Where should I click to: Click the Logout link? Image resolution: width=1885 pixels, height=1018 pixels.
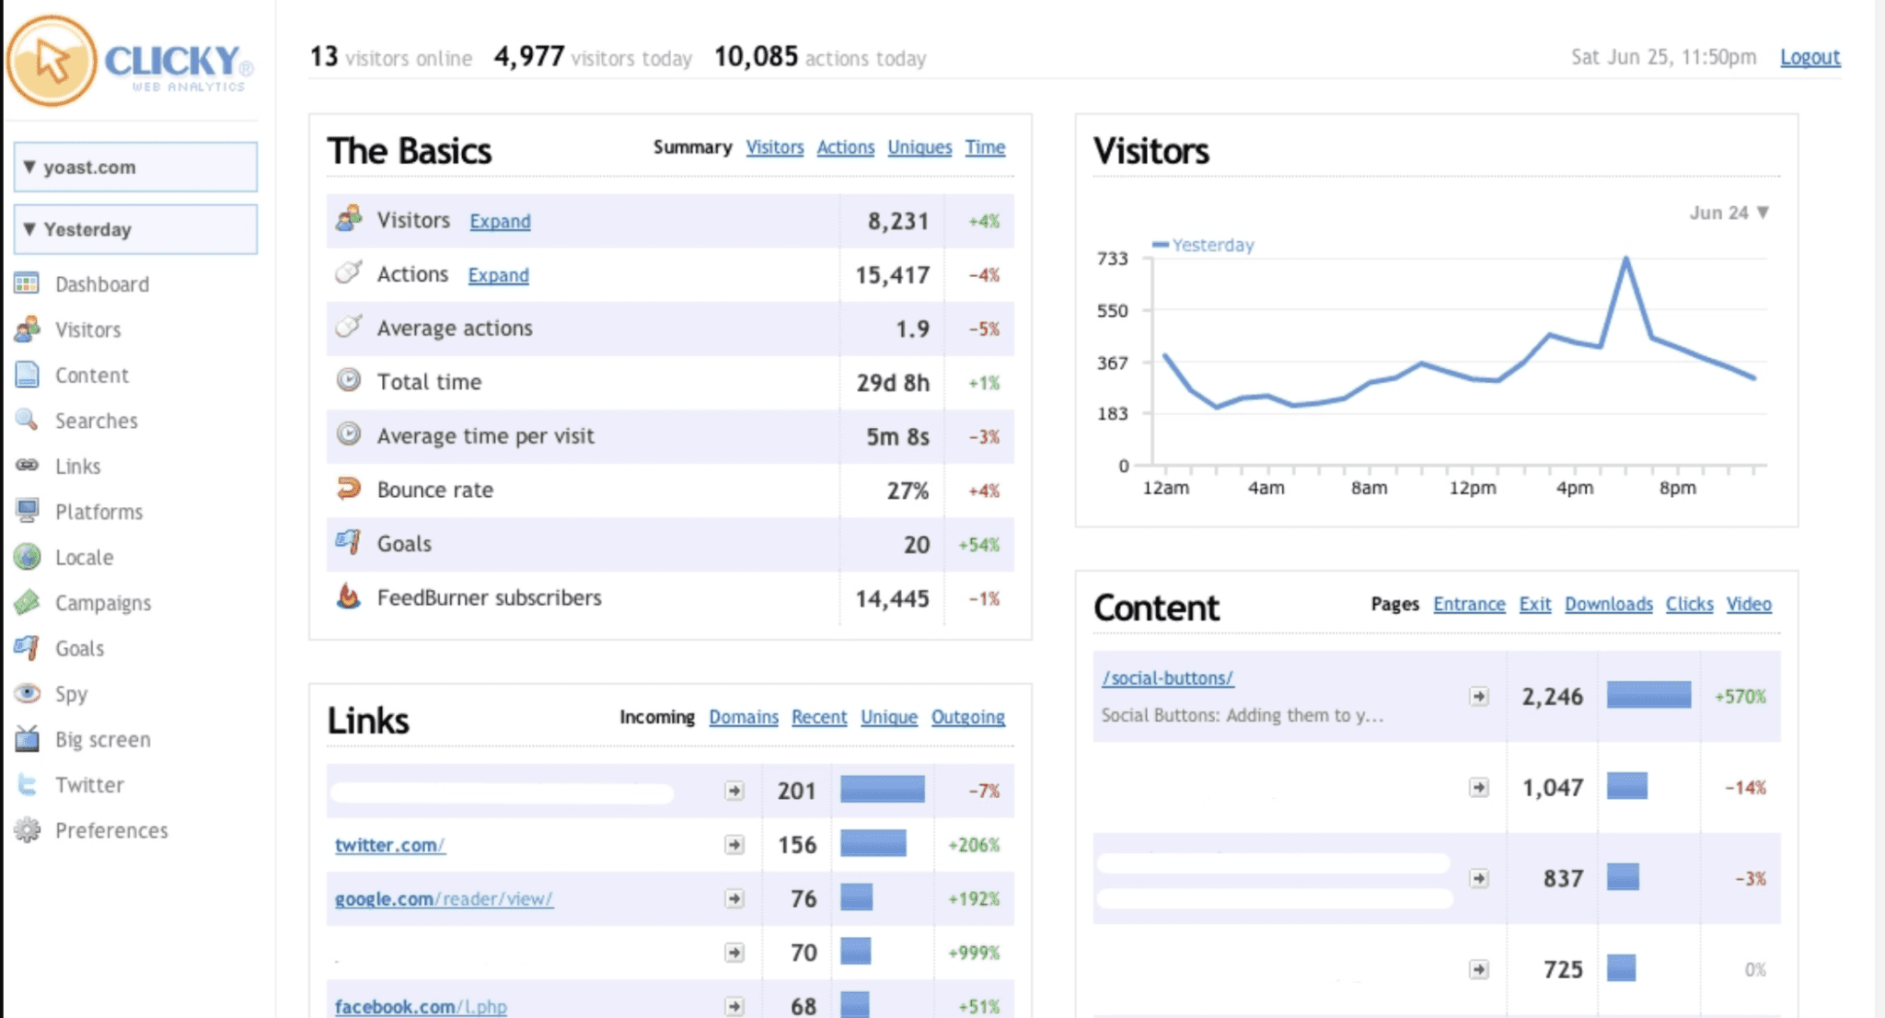[1810, 57]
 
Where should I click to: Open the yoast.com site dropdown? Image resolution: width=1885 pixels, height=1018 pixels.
[135, 168]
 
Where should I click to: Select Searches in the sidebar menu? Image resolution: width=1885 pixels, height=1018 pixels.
[96, 421]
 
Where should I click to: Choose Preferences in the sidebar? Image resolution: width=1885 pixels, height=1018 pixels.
[111, 830]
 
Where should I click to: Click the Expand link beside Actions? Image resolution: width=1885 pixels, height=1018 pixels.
[498, 275]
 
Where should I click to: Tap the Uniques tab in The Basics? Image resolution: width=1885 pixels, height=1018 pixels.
[919, 147]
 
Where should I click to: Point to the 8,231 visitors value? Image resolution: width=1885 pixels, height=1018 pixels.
[897, 222]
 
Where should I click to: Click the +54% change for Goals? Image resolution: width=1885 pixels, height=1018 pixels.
[978, 545]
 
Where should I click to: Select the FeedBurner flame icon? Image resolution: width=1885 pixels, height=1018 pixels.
[348, 597]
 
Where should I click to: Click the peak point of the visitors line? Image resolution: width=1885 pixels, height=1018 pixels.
[1626, 260]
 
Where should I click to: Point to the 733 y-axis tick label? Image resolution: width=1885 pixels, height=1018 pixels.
[1112, 259]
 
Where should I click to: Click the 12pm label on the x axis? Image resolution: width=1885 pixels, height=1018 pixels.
[1472, 488]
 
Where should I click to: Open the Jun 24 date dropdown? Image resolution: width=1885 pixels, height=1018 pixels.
[1729, 213]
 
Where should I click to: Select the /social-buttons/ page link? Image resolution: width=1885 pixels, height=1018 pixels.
[1167, 678]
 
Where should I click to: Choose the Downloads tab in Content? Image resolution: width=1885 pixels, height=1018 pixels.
[1608, 604]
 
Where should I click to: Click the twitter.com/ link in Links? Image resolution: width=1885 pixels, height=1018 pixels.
[389, 845]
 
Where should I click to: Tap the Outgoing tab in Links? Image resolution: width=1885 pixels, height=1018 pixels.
[967, 717]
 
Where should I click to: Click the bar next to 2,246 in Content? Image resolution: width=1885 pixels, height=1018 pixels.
[1648, 695]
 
